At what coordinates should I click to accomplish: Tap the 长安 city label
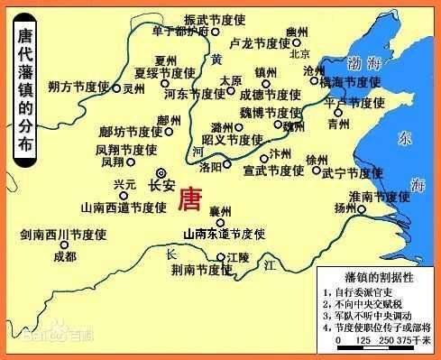tap(161, 187)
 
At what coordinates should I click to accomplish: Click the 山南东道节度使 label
tap(223, 234)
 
